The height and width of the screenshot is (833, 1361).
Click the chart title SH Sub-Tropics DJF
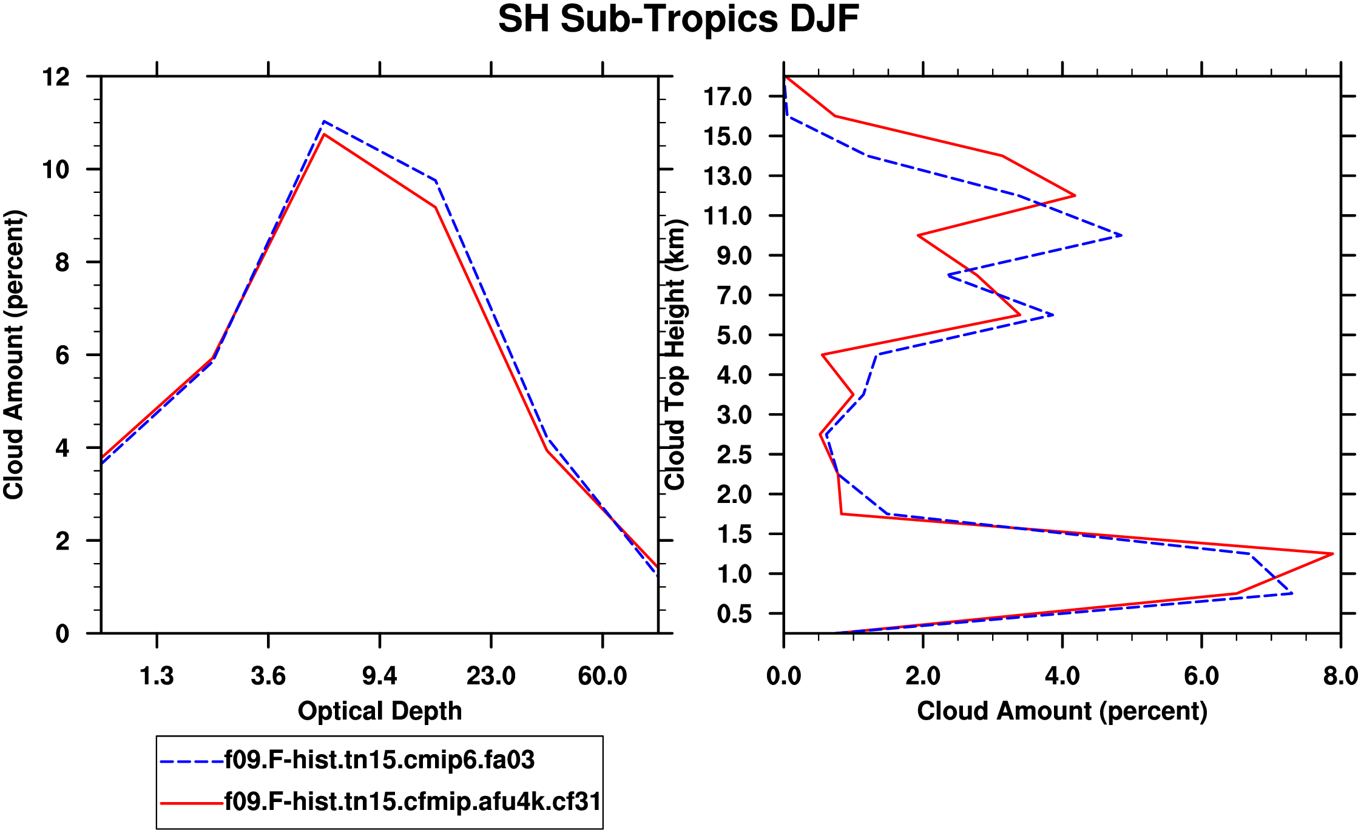coord(678,19)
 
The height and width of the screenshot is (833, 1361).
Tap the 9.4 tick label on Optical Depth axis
coord(379,676)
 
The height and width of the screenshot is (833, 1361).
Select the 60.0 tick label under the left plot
coord(602,676)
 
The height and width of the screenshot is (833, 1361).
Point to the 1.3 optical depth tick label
coord(157,676)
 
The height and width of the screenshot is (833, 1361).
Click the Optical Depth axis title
coord(380,711)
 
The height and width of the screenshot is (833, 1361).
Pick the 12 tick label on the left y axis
coord(56,77)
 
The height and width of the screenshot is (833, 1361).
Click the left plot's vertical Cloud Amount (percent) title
coord(13,355)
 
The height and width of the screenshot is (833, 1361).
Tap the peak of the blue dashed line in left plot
coord(324,121)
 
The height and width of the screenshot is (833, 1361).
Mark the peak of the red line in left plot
coord(324,134)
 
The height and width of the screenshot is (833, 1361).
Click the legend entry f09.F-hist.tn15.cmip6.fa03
coord(379,760)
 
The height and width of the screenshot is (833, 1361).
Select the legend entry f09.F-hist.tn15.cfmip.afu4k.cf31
coord(413,802)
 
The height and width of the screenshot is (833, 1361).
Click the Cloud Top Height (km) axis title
coord(675,355)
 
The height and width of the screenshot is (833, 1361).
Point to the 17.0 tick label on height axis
coord(735,96)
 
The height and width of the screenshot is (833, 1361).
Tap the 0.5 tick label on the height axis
coord(735,614)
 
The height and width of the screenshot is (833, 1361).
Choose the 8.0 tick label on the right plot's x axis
coord(1341,676)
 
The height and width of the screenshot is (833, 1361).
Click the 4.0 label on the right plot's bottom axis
coord(1062,676)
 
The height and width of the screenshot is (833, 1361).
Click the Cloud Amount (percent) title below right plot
coord(1062,711)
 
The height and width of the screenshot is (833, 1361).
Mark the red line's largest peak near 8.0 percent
coord(1332,553)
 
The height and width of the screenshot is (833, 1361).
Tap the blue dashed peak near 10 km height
coord(1121,235)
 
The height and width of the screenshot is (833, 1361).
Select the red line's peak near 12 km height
coord(1075,195)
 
